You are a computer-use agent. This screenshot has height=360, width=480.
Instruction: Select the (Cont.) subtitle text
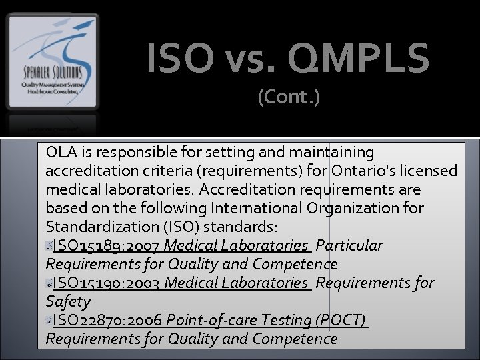point(289,98)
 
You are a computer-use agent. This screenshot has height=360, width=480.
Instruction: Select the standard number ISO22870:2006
point(107,321)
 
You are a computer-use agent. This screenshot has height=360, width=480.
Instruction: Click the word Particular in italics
point(349,246)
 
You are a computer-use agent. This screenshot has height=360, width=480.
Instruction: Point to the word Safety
point(68,302)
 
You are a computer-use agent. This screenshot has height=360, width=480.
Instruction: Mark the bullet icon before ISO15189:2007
point(49,246)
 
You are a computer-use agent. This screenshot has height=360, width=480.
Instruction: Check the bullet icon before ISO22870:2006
point(49,321)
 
